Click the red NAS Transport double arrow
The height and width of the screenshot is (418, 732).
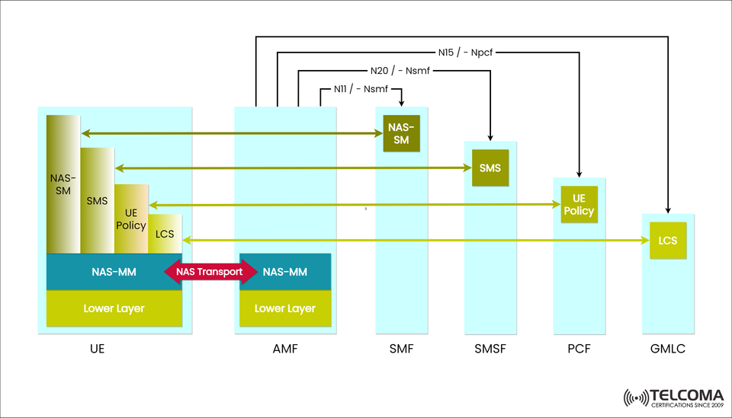tap(210, 272)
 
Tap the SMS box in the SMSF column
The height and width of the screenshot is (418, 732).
tap(490, 168)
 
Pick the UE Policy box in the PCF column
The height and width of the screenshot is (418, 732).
tap(579, 204)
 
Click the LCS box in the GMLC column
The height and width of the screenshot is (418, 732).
tap(668, 241)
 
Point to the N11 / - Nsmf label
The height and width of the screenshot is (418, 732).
tap(361, 89)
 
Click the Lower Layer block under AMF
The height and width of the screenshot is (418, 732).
tap(285, 308)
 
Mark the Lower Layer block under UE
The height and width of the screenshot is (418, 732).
tap(114, 308)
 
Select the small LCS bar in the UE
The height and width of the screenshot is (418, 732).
tap(165, 234)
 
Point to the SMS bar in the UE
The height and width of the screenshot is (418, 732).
tap(97, 200)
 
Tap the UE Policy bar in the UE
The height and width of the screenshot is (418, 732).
tap(131, 219)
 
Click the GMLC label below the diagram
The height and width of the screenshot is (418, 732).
tap(668, 350)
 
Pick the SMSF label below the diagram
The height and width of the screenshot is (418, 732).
tap(490, 350)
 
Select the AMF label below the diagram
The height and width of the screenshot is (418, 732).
tap(285, 350)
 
